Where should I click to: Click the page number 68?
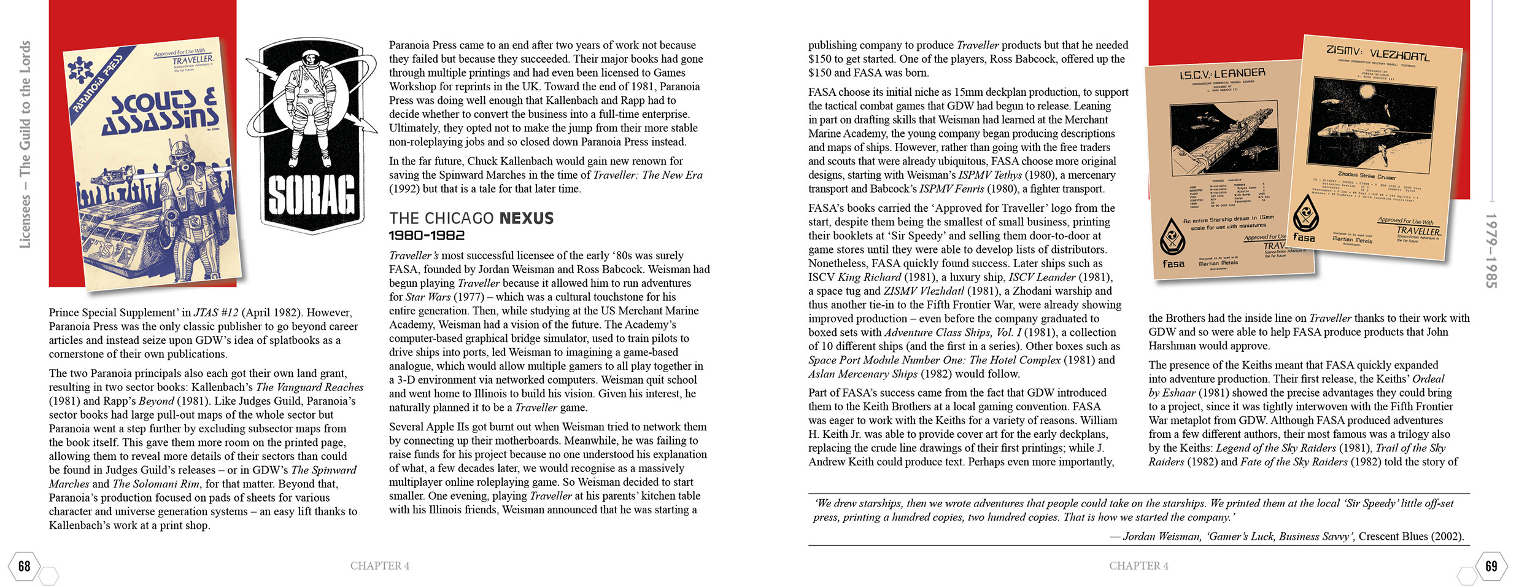pyautogui.click(x=24, y=566)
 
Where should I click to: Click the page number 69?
pyautogui.click(x=1491, y=566)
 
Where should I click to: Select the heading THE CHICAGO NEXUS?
pyautogui.click(x=471, y=219)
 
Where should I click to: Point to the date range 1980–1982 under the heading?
pyautogui.click(x=427, y=236)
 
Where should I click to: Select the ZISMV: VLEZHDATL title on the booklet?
pyautogui.click(x=1378, y=53)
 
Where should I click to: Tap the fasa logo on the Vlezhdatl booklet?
pyautogui.click(x=1305, y=237)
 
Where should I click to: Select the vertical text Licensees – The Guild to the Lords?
pyautogui.click(x=25, y=144)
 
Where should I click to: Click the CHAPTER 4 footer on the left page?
pyautogui.click(x=379, y=566)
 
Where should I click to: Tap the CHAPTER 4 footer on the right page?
pyautogui.click(x=1138, y=566)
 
